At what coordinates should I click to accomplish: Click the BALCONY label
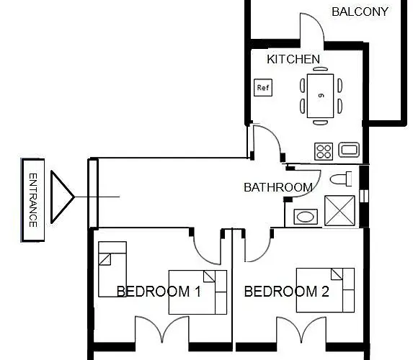[360, 12]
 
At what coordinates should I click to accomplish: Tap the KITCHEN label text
[293, 59]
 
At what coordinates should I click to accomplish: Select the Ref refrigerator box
[263, 87]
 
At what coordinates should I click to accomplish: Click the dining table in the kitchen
[320, 96]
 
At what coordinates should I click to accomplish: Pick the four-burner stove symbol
[324, 151]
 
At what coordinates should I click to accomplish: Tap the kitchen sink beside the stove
[349, 150]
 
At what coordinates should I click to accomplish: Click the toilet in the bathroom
[341, 179]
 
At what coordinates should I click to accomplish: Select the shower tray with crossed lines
[339, 210]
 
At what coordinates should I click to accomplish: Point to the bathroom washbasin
[306, 217]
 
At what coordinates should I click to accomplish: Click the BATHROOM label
[278, 187]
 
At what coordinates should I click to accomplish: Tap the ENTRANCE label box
[32, 200]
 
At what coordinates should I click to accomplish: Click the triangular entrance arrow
[62, 197]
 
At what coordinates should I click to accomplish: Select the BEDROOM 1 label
[159, 292]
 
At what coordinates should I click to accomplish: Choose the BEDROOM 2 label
[287, 292]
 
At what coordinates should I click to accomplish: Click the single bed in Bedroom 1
[112, 269]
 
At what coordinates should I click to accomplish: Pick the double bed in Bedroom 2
[325, 290]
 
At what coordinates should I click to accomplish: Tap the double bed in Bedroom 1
[197, 292]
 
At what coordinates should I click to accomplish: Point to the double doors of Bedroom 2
[301, 329]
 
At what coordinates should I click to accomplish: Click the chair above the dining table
[320, 69]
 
